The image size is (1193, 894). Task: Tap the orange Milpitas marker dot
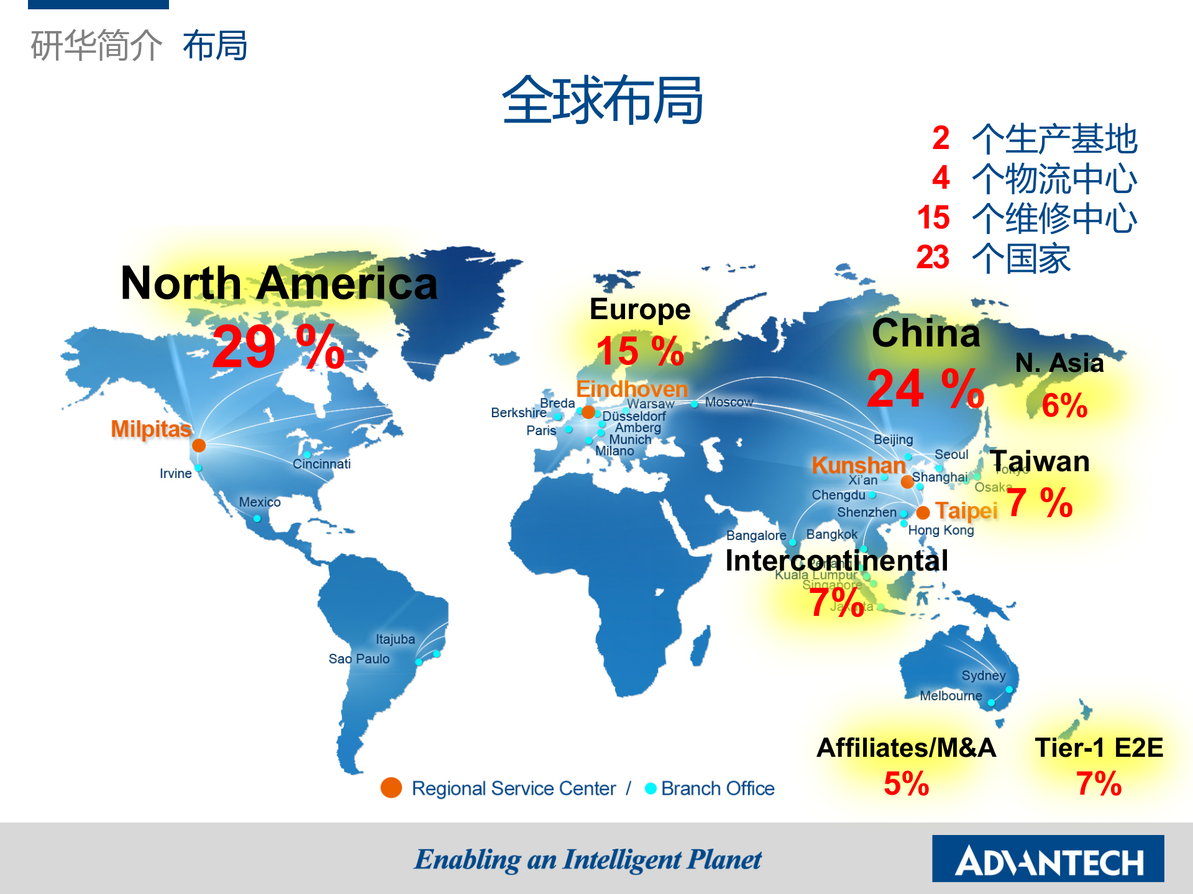coord(199,445)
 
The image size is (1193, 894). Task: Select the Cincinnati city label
coord(321,464)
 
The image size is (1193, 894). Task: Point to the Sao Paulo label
coord(359,659)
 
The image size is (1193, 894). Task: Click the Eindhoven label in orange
coord(632,389)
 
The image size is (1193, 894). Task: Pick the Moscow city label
coord(729,402)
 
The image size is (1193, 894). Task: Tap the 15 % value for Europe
coord(639,351)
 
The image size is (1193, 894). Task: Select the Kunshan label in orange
coord(858,465)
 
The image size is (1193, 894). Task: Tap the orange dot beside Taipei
coord(923,512)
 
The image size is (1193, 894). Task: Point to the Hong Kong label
coord(941,530)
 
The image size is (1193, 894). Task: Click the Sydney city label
coord(983,675)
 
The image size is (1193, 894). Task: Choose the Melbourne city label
coord(951,696)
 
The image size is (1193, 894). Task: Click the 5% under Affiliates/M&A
coord(906,783)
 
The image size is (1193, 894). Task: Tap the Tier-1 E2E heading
coord(1099,747)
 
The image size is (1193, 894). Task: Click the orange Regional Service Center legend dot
coord(391,788)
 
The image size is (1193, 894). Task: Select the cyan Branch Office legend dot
coord(651,788)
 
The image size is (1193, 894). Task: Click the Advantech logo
coord(1048,859)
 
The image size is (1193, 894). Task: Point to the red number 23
coord(933,257)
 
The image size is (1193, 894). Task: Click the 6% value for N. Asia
coord(1064,405)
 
